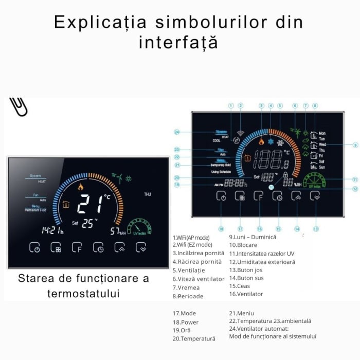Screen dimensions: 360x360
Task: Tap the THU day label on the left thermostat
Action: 148,194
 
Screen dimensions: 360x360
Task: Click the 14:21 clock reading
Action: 52,230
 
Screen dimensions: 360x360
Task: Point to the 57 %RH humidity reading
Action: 118,231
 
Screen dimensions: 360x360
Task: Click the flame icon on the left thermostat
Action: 80,187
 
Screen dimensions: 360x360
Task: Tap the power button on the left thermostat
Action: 34,248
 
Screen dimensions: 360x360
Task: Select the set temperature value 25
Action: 88,223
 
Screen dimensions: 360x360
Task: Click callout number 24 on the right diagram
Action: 177,132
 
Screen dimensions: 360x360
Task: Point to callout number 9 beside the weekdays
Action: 355,145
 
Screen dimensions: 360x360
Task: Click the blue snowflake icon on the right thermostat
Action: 271,141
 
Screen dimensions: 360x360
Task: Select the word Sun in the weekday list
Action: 322,167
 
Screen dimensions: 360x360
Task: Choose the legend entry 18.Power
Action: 186,322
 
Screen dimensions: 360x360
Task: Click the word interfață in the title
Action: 178,42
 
